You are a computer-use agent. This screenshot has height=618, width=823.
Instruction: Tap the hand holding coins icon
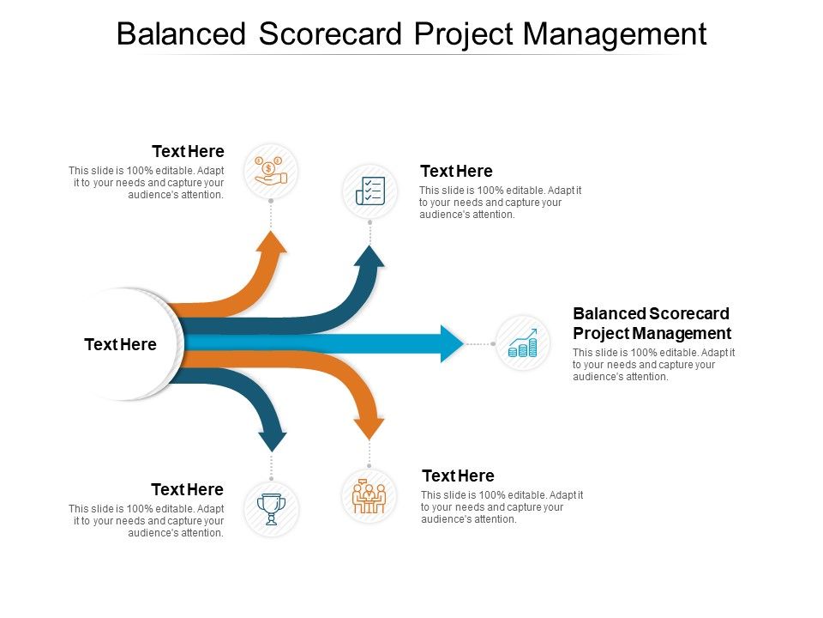(271, 171)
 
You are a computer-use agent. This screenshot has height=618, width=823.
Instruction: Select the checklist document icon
(369, 191)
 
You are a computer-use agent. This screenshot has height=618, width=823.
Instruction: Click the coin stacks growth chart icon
(523, 343)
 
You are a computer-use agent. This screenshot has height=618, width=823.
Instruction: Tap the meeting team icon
(369, 496)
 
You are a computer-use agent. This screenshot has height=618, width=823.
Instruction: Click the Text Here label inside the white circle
(120, 345)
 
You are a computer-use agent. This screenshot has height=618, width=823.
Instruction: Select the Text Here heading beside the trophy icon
(187, 490)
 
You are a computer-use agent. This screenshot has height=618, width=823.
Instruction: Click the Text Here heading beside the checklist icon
(456, 172)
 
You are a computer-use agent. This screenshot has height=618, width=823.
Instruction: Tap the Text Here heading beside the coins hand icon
(188, 152)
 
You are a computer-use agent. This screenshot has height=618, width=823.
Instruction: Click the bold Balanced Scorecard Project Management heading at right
(652, 324)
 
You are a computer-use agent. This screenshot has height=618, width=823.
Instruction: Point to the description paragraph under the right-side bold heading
(653, 365)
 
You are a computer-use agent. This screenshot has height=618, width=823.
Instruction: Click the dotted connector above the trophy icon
(272, 467)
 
